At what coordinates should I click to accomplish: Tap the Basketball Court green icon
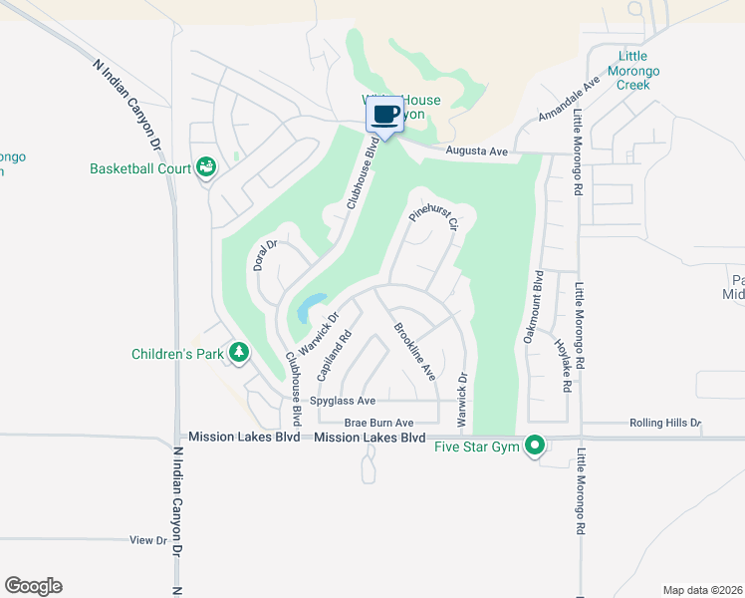[206, 167]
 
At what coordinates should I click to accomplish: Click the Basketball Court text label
[140, 168]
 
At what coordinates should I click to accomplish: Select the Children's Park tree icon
[239, 352]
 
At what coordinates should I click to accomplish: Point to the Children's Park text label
[179, 353]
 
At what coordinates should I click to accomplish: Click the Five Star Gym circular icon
[535, 445]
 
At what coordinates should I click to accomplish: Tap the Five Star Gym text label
[477, 447]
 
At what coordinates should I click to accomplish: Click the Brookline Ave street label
[415, 351]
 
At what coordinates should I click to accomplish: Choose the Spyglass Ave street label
[343, 401]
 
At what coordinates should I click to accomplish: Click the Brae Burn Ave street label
[378, 423]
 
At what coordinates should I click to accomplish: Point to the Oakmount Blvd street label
[533, 307]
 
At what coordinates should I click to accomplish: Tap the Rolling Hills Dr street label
[665, 423]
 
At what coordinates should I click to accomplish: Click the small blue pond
[310, 306]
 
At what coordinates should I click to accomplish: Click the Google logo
[33, 586]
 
